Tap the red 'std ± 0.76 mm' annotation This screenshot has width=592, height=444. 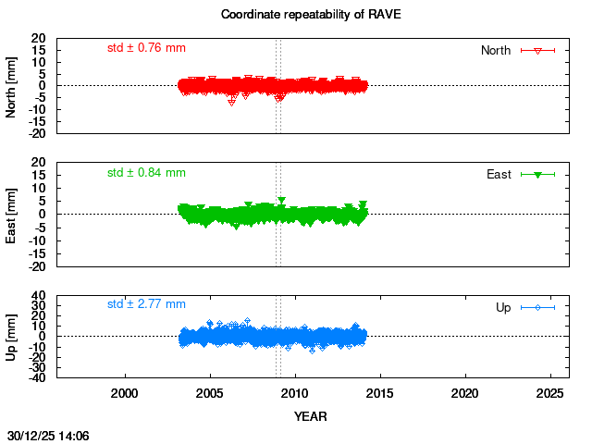(146, 47)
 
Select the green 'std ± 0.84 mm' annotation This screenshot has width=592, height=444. (146, 172)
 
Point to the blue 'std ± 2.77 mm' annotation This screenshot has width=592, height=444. (146, 303)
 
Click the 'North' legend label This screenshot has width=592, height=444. (496, 50)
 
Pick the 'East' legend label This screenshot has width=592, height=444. (499, 174)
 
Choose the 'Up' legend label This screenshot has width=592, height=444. (503, 307)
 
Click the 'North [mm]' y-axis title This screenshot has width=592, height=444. (12, 85)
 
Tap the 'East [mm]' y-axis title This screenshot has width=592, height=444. (12, 214)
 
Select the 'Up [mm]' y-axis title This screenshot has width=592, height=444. (12, 336)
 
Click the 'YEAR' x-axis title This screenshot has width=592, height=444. (311, 416)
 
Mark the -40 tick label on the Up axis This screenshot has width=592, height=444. (37, 377)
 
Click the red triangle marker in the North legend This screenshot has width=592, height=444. (537, 50)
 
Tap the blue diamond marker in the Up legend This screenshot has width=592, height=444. (537, 307)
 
